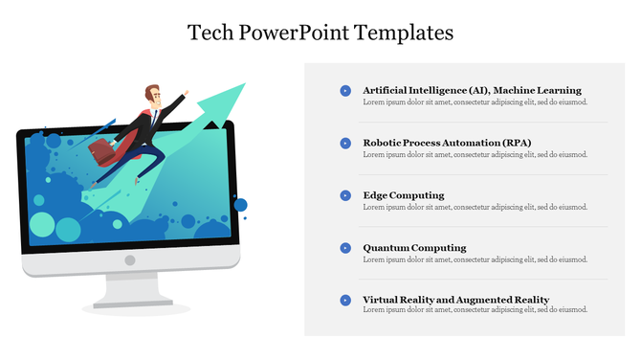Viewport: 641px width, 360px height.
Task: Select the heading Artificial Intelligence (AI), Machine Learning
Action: tap(472, 90)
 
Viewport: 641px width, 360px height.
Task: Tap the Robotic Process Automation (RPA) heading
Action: tap(447, 143)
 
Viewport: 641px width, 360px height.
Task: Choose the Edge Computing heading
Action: tap(403, 195)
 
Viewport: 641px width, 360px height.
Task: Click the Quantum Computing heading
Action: tap(414, 247)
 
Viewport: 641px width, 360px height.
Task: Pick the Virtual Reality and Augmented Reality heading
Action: tap(455, 300)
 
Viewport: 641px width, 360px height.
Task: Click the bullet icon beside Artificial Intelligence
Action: tap(345, 91)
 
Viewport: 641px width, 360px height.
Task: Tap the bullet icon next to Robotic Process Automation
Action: tap(345, 143)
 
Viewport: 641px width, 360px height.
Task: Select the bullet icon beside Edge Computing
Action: tap(345, 195)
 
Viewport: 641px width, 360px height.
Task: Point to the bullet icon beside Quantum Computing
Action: tap(345, 248)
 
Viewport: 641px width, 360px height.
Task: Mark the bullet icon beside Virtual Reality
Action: tap(345, 300)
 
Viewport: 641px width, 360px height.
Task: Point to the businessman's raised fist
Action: tap(186, 94)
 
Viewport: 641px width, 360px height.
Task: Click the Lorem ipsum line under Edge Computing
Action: tap(475, 207)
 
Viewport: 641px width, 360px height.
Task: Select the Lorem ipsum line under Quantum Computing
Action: tap(475, 259)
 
